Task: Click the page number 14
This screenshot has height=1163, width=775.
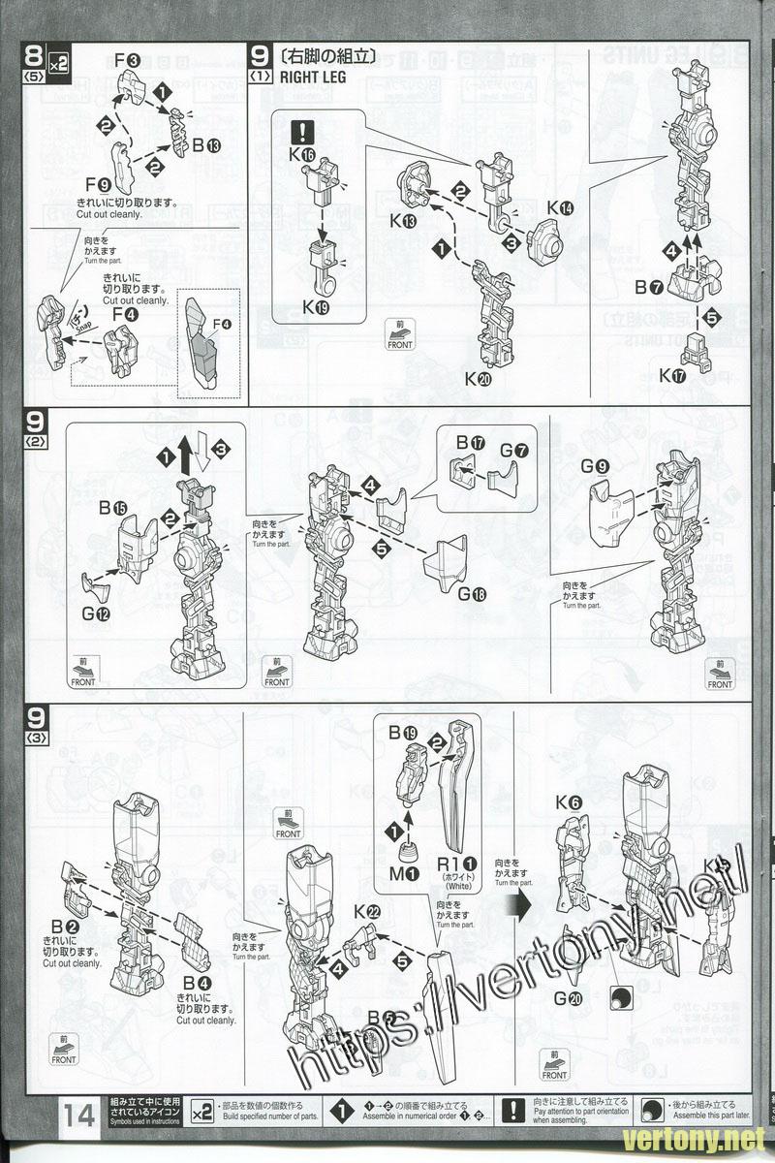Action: pyautogui.click(x=80, y=1115)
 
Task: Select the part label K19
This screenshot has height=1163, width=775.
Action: pyautogui.click(x=316, y=307)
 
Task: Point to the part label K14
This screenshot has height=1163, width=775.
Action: pyautogui.click(x=559, y=207)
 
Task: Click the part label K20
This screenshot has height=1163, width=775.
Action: pyautogui.click(x=478, y=379)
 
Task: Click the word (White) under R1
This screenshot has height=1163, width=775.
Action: pyautogui.click(x=458, y=886)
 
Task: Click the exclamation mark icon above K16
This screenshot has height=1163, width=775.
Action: pyautogui.click(x=308, y=131)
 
